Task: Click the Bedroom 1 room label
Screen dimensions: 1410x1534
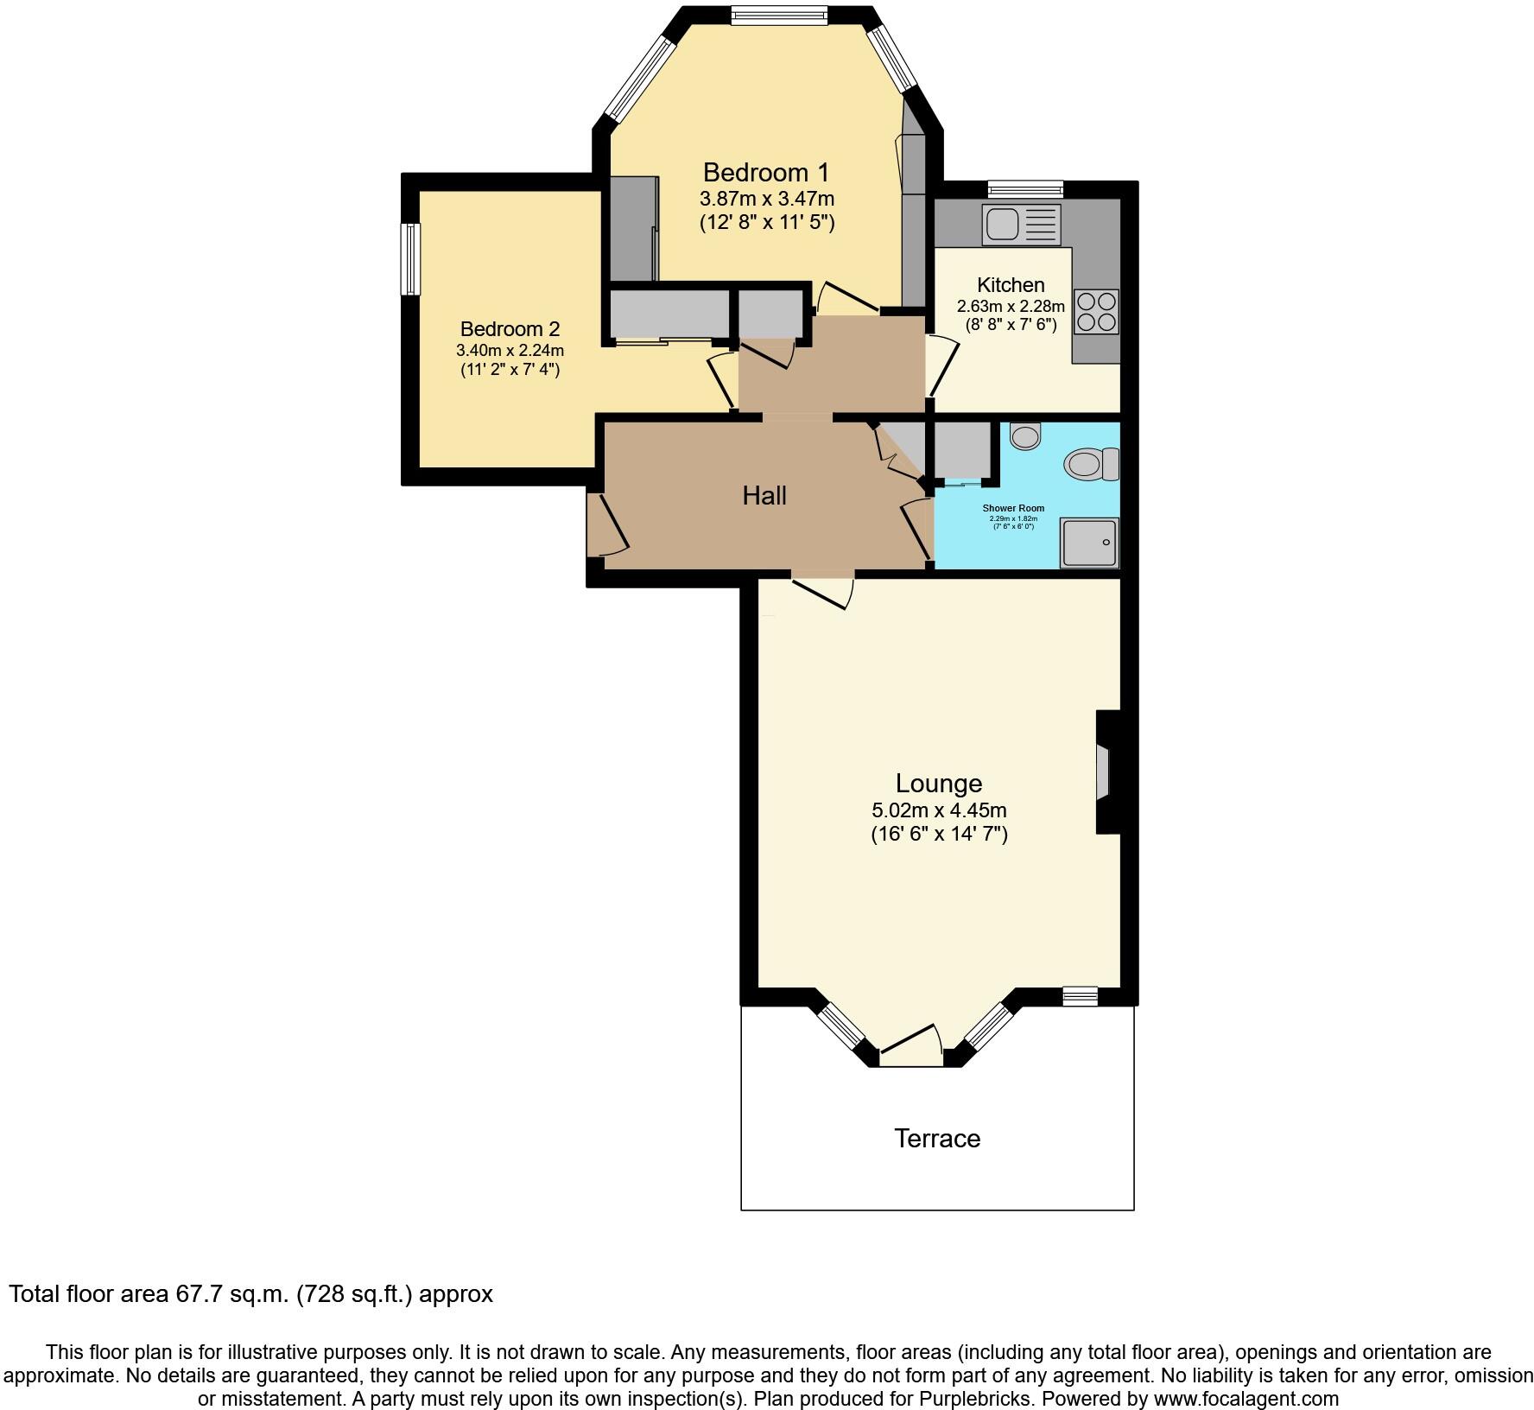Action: (x=765, y=171)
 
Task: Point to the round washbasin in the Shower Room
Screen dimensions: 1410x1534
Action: (x=1025, y=435)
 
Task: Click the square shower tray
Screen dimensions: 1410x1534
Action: (x=1089, y=543)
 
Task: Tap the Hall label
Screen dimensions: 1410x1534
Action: (x=764, y=496)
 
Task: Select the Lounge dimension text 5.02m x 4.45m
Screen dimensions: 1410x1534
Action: (x=939, y=810)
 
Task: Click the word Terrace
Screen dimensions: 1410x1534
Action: (x=937, y=1139)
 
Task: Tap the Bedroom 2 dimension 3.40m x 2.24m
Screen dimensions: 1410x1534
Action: (x=510, y=351)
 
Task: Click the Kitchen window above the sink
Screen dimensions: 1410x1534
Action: (x=1025, y=189)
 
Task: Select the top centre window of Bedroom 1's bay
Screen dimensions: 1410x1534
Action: (x=778, y=15)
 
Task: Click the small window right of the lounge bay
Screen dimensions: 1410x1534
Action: (x=1080, y=996)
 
